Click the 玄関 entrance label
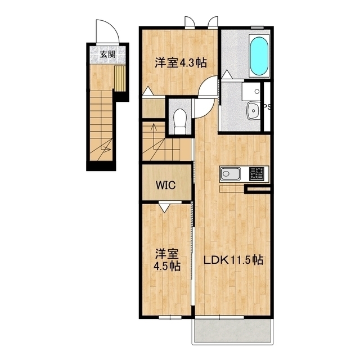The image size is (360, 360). click(107, 55)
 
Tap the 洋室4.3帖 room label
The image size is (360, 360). click(181, 62)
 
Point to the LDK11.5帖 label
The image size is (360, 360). click(233, 260)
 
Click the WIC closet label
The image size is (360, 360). click(165, 185)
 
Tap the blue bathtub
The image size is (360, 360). click(259, 56)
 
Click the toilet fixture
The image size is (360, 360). click(180, 121)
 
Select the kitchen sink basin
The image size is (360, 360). click(230, 174)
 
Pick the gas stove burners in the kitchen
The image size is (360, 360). click(256, 174)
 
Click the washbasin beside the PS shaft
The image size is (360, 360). click(253, 111)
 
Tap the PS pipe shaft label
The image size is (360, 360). click(267, 107)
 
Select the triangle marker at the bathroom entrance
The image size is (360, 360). click(227, 74)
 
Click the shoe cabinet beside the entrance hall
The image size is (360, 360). click(120, 78)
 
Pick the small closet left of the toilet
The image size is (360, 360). click(154, 109)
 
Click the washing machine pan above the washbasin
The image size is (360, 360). click(251, 91)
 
